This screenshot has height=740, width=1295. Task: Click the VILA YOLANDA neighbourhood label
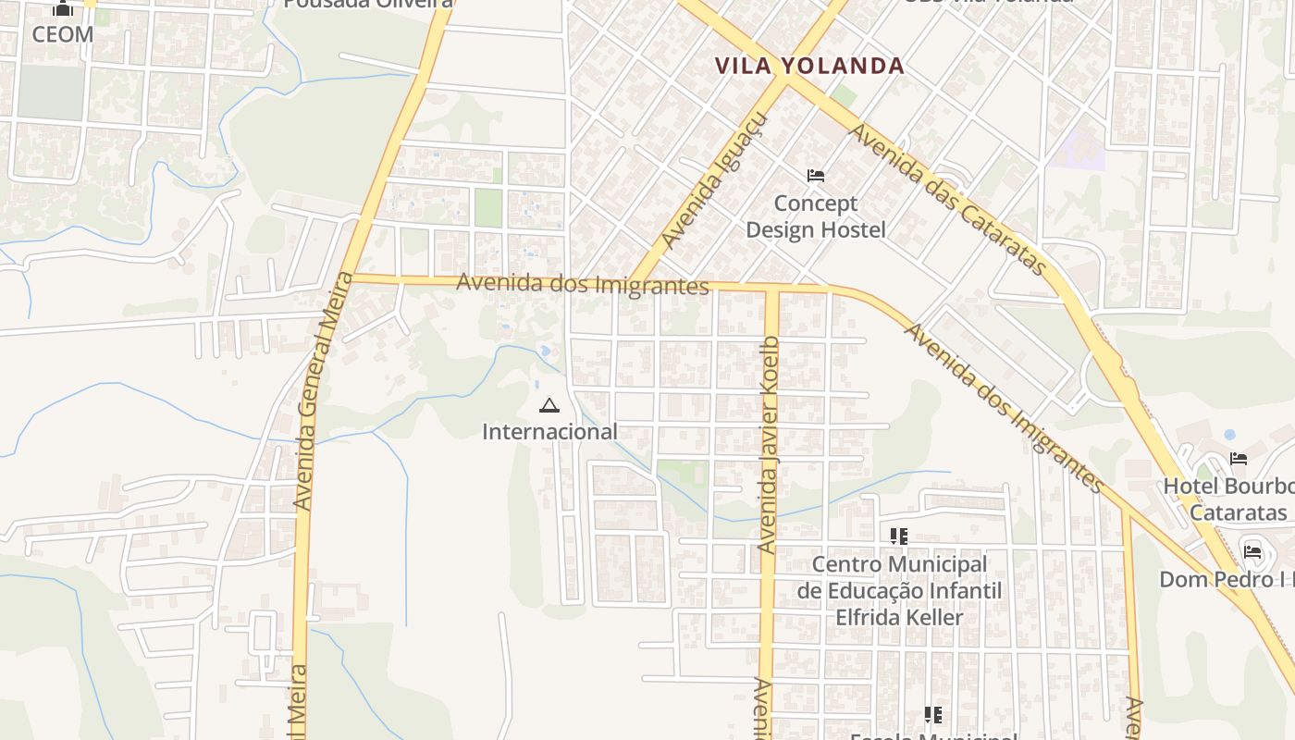(x=809, y=66)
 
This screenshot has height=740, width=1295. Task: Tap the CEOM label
(x=63, y=35)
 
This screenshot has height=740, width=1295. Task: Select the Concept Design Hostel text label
(x=816, y=216)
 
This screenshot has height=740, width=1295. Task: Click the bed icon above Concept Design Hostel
(x=816, y=176)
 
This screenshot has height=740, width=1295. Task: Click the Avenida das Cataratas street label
(x=948, y=200)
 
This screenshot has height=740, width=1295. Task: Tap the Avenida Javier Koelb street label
(x=769, y=446)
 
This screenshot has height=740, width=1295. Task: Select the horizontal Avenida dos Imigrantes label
(x=583, y=284)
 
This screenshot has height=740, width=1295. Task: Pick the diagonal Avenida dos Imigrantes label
(x=1005, y=407)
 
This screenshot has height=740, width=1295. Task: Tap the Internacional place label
(x=549, y=432)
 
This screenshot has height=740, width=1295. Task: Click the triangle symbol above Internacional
(x=549, y=405)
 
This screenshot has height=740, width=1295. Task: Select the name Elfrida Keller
(x=900, y=617)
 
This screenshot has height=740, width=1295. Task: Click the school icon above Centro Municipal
(x=899, y=536)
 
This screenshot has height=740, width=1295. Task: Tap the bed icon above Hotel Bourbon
(x=1239, y=459)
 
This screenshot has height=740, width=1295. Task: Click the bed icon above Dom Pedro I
(x=1252, y=552)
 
